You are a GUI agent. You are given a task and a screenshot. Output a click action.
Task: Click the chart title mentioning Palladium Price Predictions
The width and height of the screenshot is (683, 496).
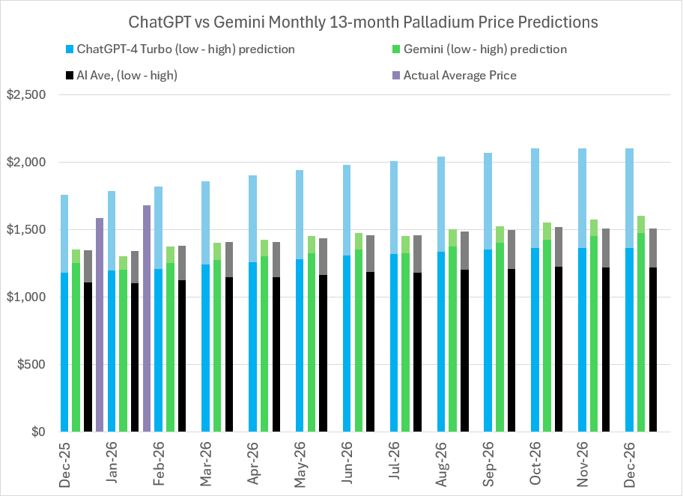pyautogui.click(x=341, y=22)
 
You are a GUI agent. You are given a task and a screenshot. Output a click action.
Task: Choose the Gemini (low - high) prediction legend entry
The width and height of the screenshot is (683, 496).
pyautogui.click(x=485, y=49)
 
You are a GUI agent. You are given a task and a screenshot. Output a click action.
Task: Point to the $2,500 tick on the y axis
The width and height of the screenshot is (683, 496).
pyautogui.click(x=26, y=95)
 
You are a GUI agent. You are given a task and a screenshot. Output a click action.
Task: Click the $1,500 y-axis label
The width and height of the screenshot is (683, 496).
pyautogui.click(x=26, y=230)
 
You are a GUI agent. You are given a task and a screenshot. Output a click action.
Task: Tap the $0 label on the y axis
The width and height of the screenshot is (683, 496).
pyautogui.click(x=35, y=432)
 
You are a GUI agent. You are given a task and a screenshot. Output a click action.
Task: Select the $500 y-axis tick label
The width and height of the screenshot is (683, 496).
pyautogui.click(x=30, y=365)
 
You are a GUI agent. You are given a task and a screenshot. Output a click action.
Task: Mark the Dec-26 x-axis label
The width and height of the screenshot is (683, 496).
pyautogui.click(x=629, y=465)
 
